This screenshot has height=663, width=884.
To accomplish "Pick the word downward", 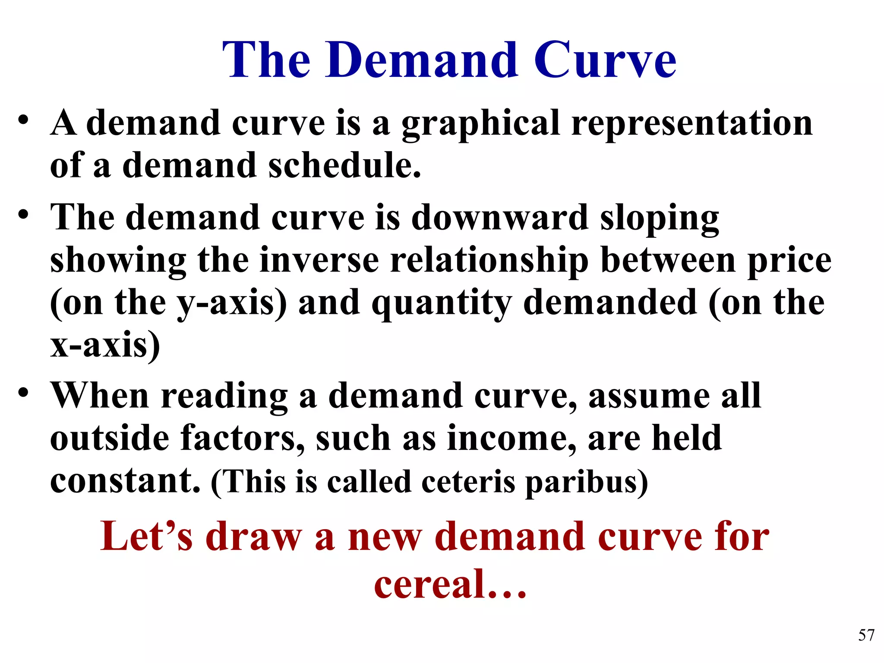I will [500, 218].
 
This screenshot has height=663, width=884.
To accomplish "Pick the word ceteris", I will [468, 482].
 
